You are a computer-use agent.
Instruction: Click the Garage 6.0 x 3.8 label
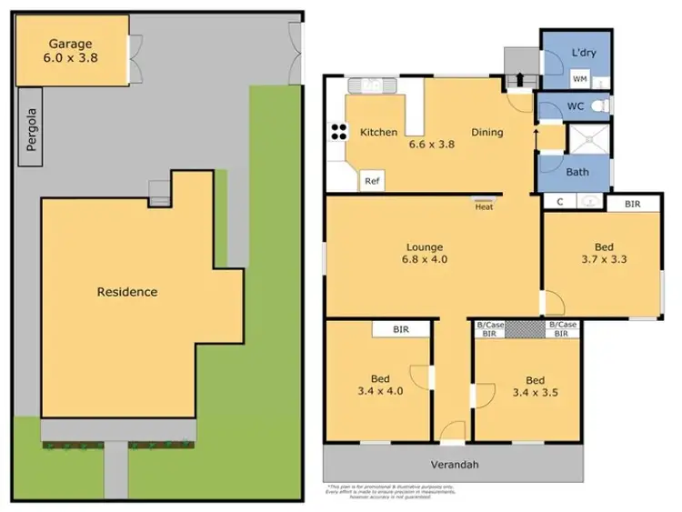click(70, 49)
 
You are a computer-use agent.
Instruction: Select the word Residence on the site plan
click(127, 292)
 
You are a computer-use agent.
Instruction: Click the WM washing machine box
click(578, 80)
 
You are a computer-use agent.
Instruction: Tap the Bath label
click(577, 171)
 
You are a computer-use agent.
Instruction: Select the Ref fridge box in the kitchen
click(371, 181)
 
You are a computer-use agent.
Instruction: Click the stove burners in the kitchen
click(337, 132)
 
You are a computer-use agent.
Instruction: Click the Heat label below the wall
click(484, 206)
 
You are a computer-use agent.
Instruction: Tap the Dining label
click(486, 133)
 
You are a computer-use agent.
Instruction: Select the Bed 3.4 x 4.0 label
click(380, 387)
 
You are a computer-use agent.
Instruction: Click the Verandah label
click(455, 465)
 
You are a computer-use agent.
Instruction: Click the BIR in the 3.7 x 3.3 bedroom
click(633, 204)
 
